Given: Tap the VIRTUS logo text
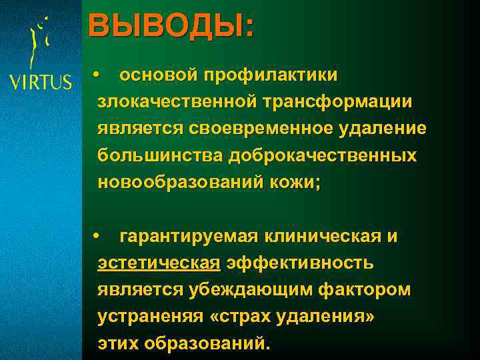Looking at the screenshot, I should (x=40, y=82).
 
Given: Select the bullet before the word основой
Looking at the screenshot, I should (x=97, y=75).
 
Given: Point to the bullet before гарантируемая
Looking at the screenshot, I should (x=97, y=237).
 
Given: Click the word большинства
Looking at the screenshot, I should (x=161, y=155).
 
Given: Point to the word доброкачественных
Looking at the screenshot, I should (x=323, y=155).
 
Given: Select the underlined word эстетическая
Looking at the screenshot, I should (x=159, y=263).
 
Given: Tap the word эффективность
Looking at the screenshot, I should (x=300, y=263).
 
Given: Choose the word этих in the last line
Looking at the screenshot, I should (x=120, y=344).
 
